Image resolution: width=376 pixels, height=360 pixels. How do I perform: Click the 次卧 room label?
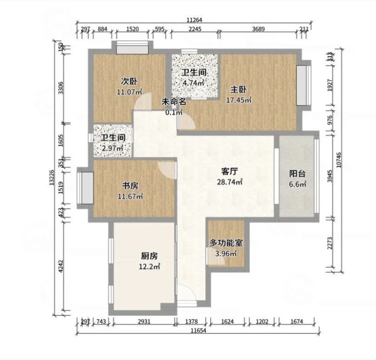click(x=129, y=82)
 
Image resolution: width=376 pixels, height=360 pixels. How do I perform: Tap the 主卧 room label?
click(x=238, y=90)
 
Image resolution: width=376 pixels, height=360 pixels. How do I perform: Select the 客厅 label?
click(x=230, y=171)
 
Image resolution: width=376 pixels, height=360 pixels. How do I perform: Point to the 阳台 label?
click(x=297, y=174)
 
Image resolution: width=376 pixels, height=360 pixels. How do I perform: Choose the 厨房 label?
click(x=149, y=256)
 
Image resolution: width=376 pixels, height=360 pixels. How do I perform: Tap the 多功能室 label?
click(x=226, y=243)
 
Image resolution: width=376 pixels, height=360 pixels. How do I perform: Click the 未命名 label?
click(x=174, y=102)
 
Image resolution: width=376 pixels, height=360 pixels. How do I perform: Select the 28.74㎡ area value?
click(x=230, y=182)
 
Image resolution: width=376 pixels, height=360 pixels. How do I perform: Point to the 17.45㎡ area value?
click(x=239, y=100)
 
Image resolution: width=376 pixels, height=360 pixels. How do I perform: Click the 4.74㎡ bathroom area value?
click(x=193, y=83)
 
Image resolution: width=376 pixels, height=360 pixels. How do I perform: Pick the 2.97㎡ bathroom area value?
click(x=112, y=148)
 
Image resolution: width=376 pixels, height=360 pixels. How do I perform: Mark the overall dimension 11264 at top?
click(x=194, y=20)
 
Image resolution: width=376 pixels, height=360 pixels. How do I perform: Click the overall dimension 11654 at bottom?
click(x=198, y=331)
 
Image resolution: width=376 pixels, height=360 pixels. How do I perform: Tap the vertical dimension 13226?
click(x=51, y=178)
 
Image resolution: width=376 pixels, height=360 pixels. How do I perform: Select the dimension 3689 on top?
click(x=258, y=29)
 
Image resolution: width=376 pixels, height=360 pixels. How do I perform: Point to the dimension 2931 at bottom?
click(x=144, y=321)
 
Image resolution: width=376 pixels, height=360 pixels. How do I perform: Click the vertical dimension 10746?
click(x=339, y=160)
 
